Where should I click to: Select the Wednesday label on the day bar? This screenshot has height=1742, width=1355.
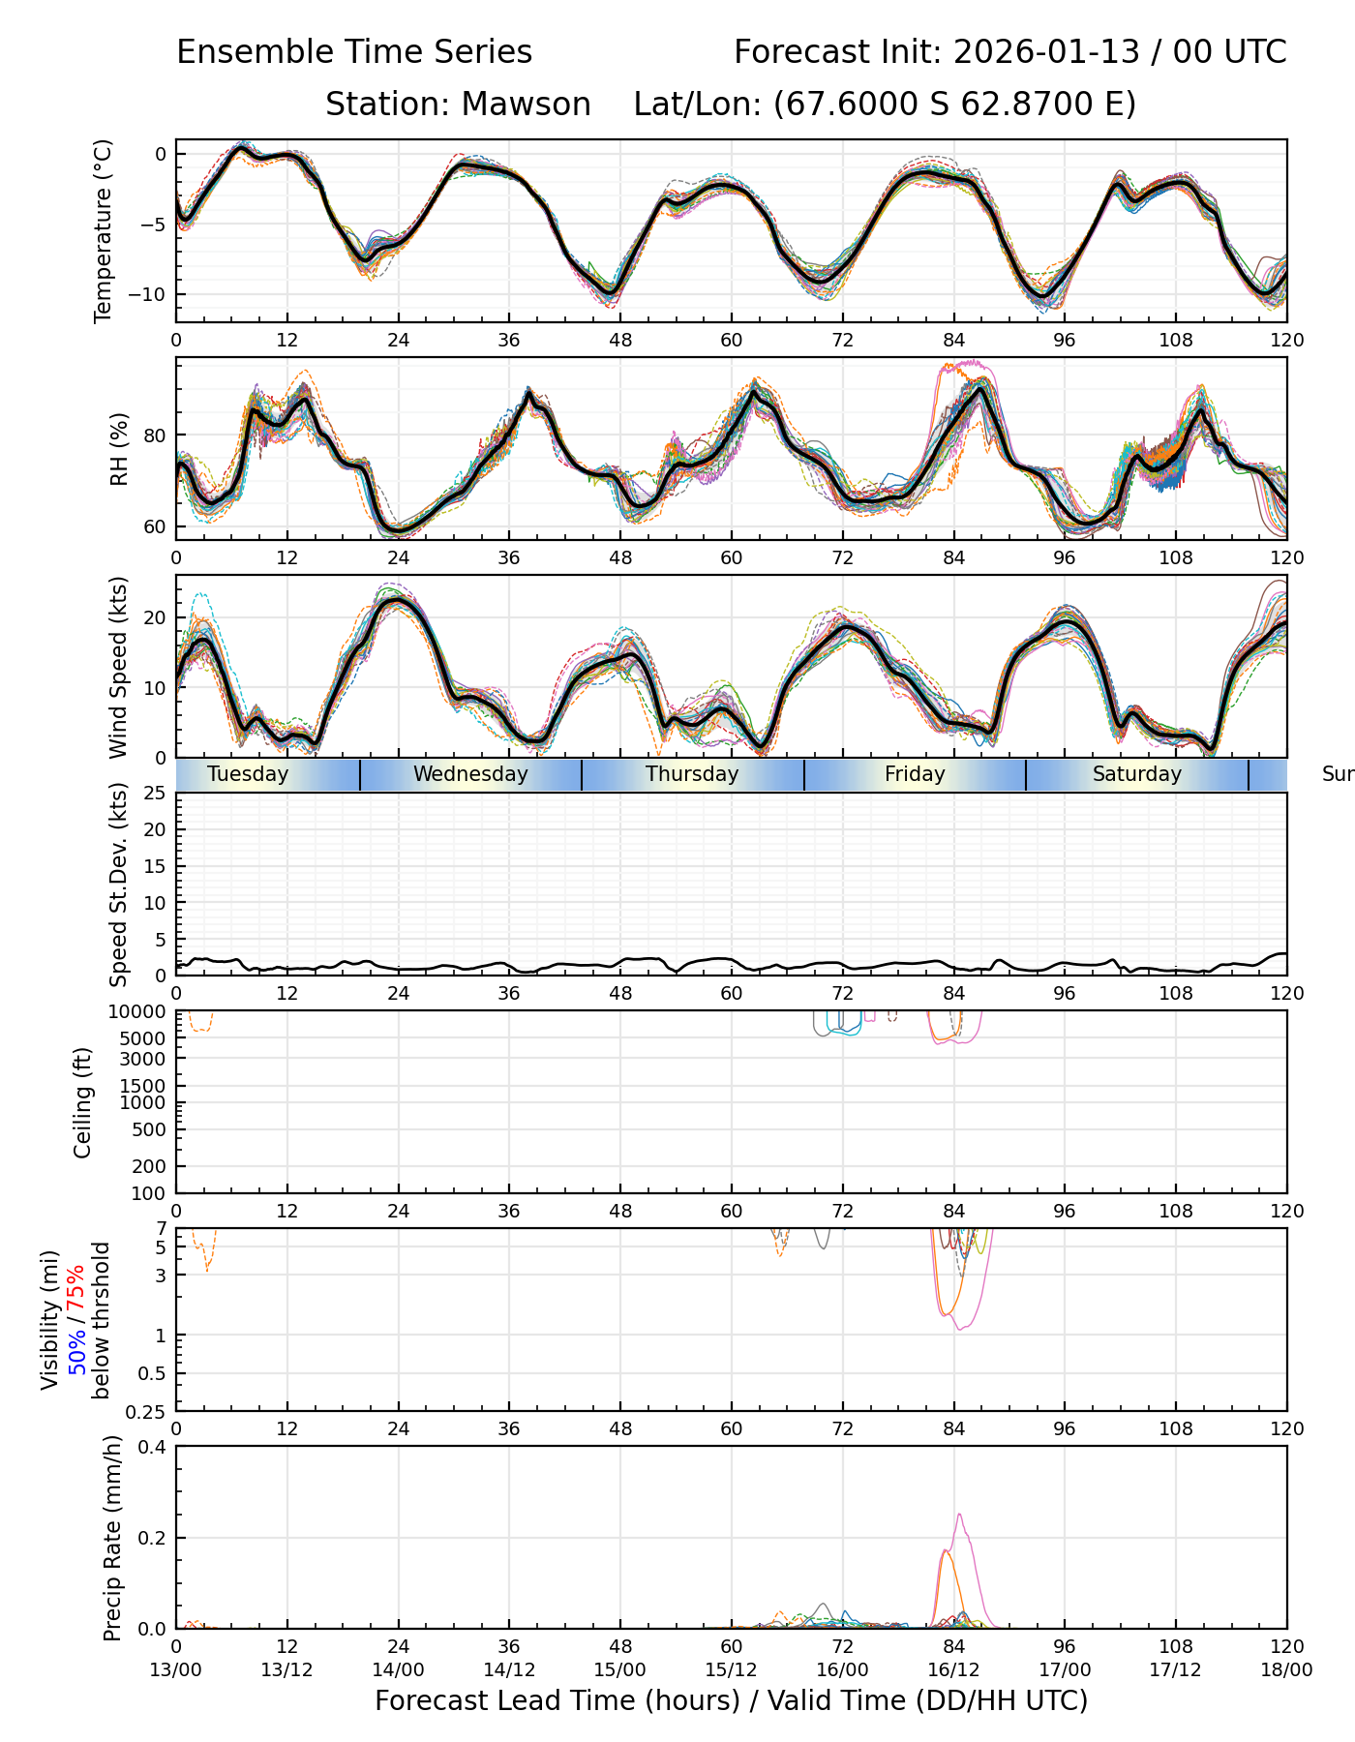click(x=470, y=774)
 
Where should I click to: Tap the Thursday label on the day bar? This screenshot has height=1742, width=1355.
click(x=692, y=774)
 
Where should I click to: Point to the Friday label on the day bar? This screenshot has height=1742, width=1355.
click(x=915, y=774)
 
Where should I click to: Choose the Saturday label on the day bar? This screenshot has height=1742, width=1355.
click(x=1137, y=774)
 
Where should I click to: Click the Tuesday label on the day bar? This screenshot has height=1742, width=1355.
click(x=248, y=774)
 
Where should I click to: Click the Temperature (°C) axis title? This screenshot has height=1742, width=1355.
click(x=104, y=230)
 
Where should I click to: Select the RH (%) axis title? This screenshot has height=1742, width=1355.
click(x=119, y=449)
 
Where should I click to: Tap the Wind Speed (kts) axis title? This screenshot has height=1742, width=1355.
click(x=119, y=667)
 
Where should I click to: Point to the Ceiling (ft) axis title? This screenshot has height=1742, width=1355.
click(x=83, y=1102)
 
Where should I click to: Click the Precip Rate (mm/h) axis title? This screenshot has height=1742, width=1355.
click(x=113, y=1538)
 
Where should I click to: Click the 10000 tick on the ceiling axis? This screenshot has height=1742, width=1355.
click(x=141, y=1012)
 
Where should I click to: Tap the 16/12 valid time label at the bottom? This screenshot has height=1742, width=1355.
click(x=953, y=1670)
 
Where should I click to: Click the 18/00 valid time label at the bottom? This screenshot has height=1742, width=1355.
click(x=1286, y=1670)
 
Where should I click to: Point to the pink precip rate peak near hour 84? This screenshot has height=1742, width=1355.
click(x=959, y=1515)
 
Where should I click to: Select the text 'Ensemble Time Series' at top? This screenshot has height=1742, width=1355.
click(x=354, y=52)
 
